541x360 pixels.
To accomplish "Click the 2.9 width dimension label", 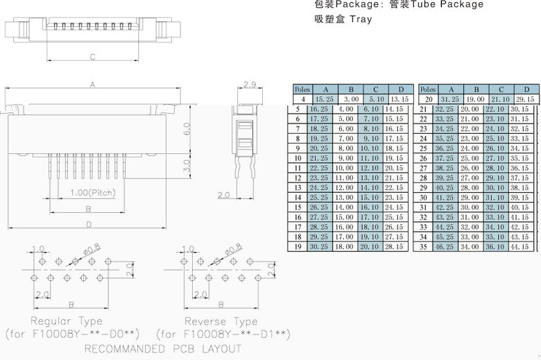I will pos(250,85).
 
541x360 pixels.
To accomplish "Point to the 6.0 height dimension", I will pos(187,130).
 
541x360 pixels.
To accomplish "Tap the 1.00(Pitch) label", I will pos(92,193).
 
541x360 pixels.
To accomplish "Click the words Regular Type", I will pos(67,321).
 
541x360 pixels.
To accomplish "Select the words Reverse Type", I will pos(221,321).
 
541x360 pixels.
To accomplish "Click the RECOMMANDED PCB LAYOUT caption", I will pos(163,349).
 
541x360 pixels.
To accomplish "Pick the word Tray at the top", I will pos(361,19).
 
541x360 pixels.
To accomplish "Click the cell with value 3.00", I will pos(351,99).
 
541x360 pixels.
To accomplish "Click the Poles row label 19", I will pos(297,246).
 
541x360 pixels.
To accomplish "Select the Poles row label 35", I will pos(422,246).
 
